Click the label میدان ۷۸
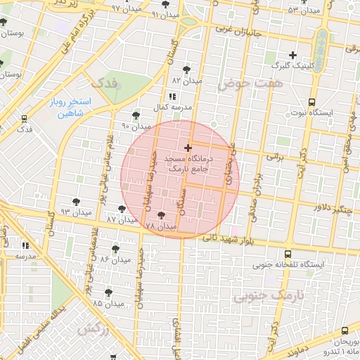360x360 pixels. [x=160, y=226]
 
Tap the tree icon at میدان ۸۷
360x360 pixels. [x=122, y=208]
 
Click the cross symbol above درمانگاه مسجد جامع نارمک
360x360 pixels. [x=187, y=148]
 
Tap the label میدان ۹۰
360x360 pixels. [x=136, y=127]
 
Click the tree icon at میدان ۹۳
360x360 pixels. [x=76, y=202]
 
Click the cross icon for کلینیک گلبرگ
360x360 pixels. [x=293, y=55]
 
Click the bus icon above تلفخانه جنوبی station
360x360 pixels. [x=288, y=254]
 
